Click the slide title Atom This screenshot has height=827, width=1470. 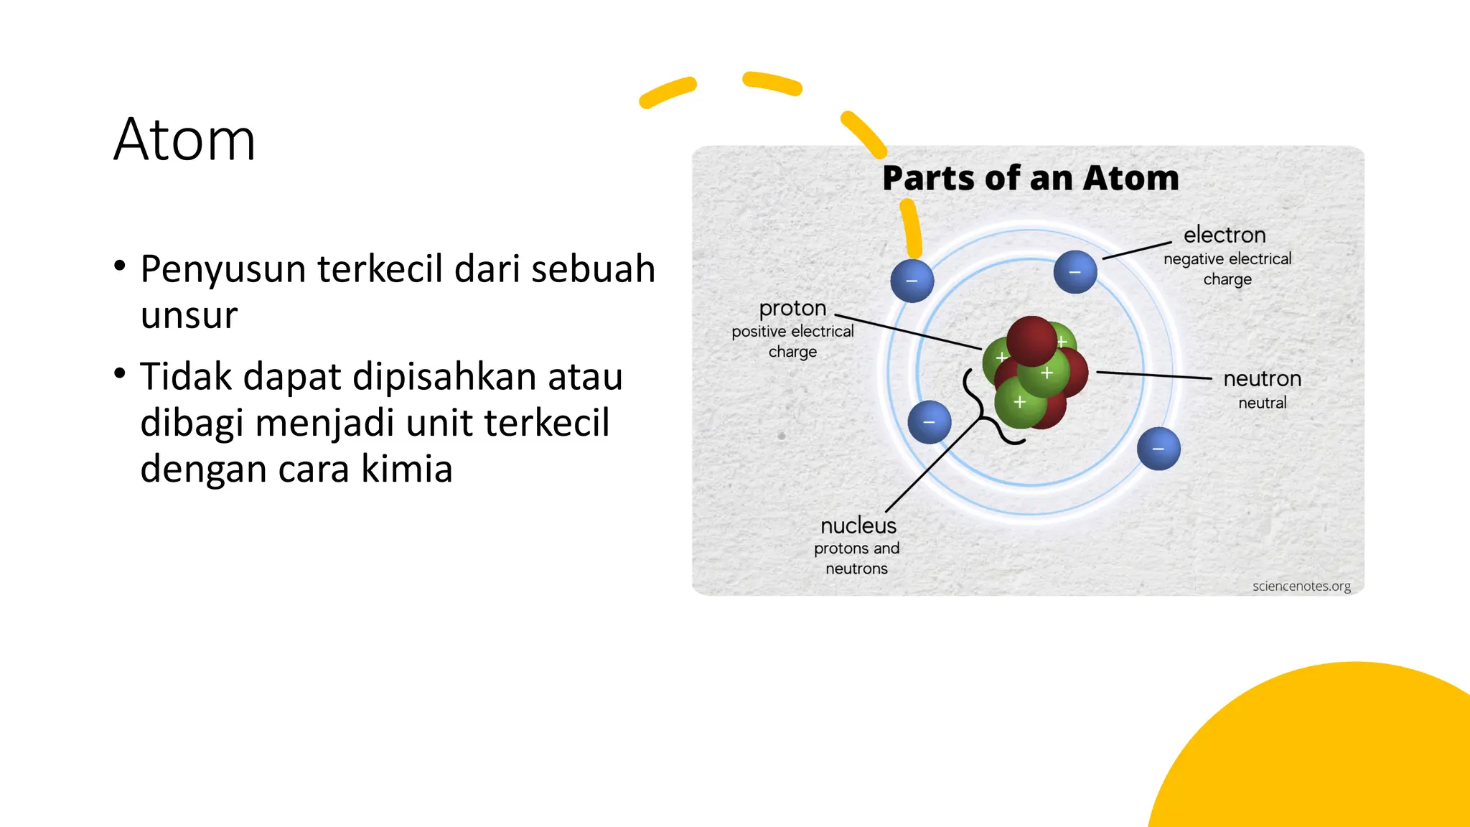click(x=184, y=139)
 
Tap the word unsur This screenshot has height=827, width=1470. click(x=189, y=315)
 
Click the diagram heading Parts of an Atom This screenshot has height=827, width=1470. click(x=1030, y=178)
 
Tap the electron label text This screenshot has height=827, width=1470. click(x=1225, y=235)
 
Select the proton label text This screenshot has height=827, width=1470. click(x=792, y=308)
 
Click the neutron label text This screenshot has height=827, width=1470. click(x=1262, y=378)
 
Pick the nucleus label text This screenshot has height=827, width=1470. click(x=858, y=525)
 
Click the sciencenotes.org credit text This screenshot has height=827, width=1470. click(x=1301, y=586)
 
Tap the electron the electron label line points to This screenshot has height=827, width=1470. click(x=1075, y=272)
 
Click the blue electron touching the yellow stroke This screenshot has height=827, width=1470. click(x=912, y=281)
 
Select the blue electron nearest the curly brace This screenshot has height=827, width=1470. click(x=930, y=422)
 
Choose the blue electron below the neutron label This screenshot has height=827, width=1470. click(x=1158, y=449)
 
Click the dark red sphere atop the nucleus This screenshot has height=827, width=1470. click(x=1031, y=340)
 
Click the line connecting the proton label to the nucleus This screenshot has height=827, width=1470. click(x=908, y=332)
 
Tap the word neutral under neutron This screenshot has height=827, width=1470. click(x=1262, y=403)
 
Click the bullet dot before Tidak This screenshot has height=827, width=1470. click(x=120, y=373)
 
